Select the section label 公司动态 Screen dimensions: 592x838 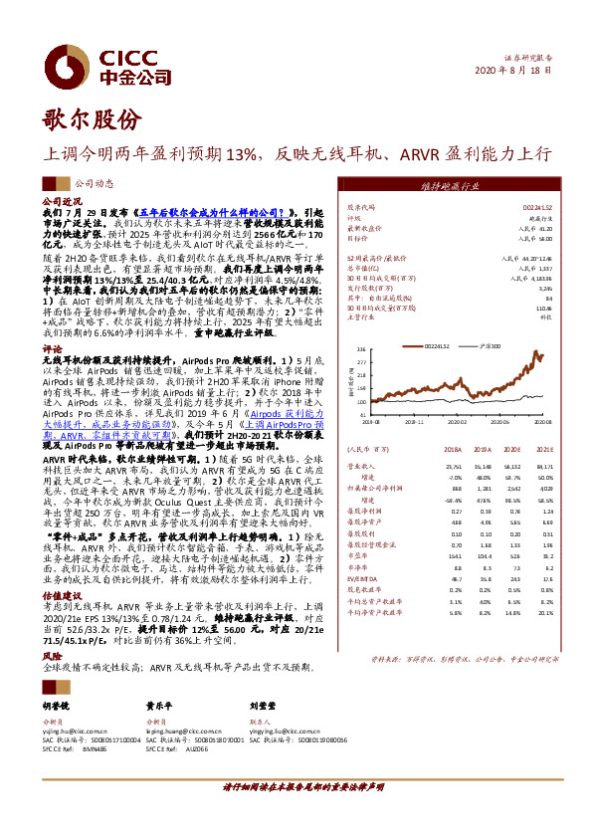[94, 184]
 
